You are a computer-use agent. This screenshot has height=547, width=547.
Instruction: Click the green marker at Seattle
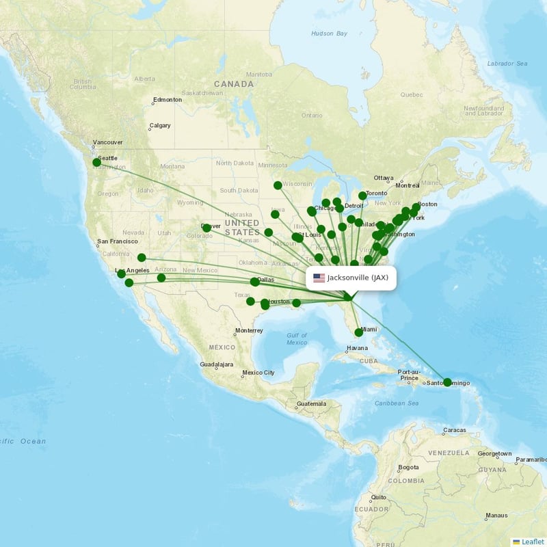[x=96, y=163]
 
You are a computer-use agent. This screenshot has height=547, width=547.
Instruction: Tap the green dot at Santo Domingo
[x=447, y=382]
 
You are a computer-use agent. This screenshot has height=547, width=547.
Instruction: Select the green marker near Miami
[x=358, y=333]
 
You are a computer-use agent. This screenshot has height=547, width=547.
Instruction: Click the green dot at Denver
[x=206, y=227]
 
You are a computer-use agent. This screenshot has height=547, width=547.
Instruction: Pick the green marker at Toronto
[x=362, y=196]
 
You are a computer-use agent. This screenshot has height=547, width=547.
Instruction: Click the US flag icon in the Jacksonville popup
[x=319, y=278]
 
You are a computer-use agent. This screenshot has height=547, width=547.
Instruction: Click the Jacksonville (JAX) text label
[x=358, y=278]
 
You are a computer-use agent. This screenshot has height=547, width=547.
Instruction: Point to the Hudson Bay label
[x=329, y=34]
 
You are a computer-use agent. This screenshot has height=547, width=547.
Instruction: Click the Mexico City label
[x=260, y=373]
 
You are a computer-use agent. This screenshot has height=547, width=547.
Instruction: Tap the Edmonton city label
[x=168, y=100]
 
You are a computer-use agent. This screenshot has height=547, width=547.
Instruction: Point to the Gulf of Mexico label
[x=297, y=338]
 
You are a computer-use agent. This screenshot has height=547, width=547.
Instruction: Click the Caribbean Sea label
[x=396, y=403]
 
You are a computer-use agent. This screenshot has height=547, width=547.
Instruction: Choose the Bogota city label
[x=408, y=468]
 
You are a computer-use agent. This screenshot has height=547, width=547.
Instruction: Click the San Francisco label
[x=120, y=241]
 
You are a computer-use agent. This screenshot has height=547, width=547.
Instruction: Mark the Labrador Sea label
[x=507, y=64]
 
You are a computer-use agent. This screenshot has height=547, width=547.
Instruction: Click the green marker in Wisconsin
[x=278, y=185]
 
